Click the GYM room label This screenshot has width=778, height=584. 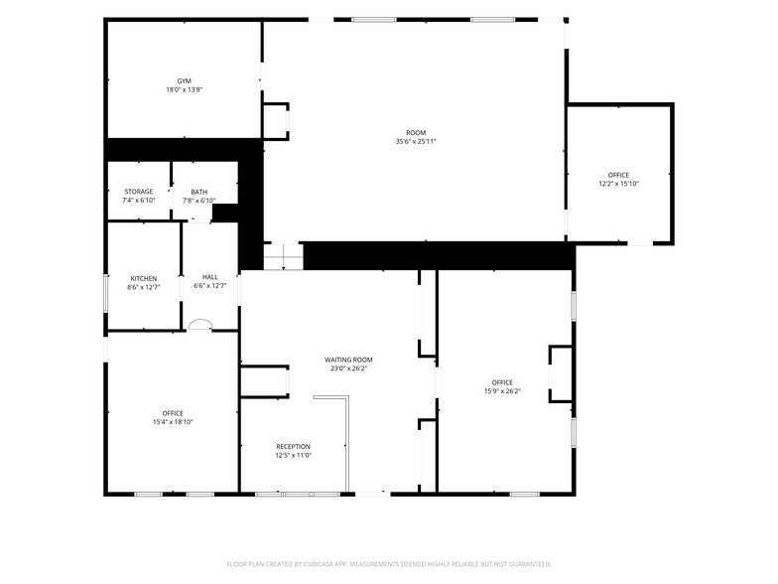click(x=185, y=81)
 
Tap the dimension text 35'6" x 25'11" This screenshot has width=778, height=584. click(x=416, y=141)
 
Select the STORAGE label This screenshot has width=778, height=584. click(x=139, y=192)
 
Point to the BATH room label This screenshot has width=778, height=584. click(x=198, y=193)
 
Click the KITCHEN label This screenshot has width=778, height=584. click(x=143, y=278)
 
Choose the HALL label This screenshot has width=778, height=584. click(x=210, y=277)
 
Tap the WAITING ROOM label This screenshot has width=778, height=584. click(x=348, y=360)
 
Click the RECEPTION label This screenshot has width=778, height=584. click(x=294, y=447)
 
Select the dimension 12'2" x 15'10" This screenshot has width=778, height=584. click(x=618, y=184)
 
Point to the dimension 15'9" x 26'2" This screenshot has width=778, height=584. click(x=502, y=391)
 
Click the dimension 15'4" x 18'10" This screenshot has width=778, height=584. click(x=173, y=422)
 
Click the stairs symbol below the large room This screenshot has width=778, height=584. click(x=283, y=256)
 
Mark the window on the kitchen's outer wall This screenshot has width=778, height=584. click(x=105, y=294)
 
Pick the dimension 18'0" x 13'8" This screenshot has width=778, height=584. click(x=185, y=89)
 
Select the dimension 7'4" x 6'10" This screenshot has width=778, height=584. click(x=139, y=201)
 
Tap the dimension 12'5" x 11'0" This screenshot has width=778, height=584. click(x=294, y=455)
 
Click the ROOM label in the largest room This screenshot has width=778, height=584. click(x=416, y=133)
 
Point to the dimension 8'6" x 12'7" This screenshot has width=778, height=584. click(x=143, y=288)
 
